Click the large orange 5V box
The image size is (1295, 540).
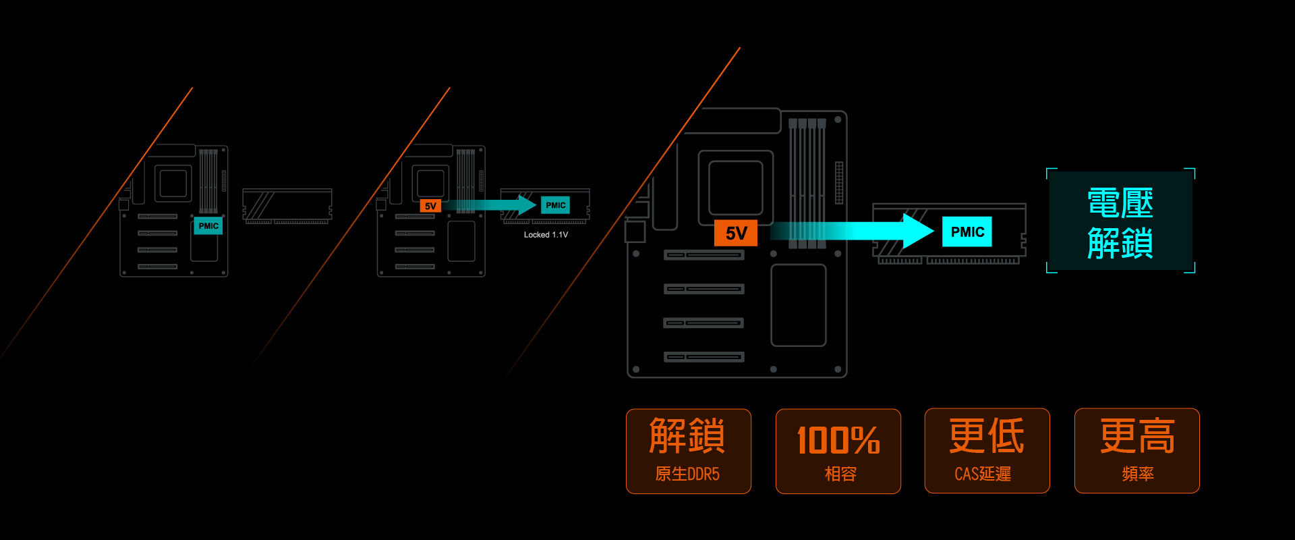coord(736,233)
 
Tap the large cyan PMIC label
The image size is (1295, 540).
coord(967,232)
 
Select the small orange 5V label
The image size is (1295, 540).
coord(430,206)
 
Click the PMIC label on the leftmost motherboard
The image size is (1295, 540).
coord(208,225)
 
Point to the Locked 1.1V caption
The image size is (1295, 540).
coord(546,235)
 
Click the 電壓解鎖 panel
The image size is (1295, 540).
coord(1120,221)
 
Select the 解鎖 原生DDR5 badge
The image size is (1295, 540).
coord(688,451)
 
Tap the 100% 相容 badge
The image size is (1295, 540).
coord(838,451)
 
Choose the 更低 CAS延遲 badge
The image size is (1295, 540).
coord(987,451)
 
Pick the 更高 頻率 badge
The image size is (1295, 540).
coord(1137,451)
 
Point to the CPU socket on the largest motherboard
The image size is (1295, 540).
coord(735,188)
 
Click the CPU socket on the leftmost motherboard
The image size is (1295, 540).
coord(173,183)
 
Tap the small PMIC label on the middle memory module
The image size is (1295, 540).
coord(555,205)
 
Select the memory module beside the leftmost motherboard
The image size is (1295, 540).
coord(287,206)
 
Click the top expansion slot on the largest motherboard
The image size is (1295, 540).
coord(703,255)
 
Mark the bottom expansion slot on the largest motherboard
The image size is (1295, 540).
coord(703,357)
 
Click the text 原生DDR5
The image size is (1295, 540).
coord(687,474)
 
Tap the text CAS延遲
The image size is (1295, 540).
coord(983,474)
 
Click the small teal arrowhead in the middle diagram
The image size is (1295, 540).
coord(527,205)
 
